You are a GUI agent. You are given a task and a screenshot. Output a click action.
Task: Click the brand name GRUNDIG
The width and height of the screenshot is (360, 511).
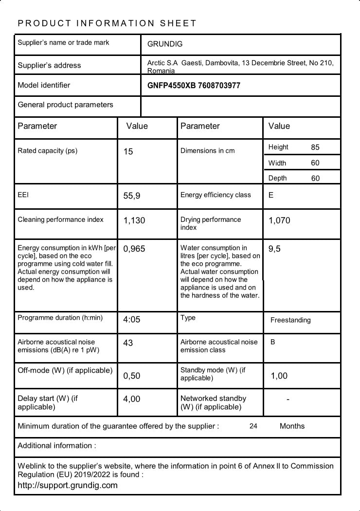coord(165,44)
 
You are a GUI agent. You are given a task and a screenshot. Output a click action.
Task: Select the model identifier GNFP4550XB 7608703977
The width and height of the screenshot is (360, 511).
coord(194,86)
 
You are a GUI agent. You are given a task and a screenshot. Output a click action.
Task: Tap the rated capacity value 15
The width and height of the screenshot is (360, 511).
coord(128,152)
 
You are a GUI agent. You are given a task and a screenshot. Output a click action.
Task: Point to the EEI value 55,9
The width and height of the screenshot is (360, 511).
coord(132,196)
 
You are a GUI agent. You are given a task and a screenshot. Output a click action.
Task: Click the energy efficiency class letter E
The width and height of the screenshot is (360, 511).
coord(271,195)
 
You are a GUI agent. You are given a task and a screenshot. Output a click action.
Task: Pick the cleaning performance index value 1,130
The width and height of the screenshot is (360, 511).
coord(134,220)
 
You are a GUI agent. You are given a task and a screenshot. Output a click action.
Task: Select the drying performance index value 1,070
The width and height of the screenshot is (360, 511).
coord(279,220)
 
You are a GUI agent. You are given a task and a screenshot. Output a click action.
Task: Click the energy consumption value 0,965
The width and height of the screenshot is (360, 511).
coord(134,249)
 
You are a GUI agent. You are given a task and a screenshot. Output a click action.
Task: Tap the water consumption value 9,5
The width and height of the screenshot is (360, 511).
coord(274,249)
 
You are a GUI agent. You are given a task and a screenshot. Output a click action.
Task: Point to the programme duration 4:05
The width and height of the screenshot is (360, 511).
coord(132,320)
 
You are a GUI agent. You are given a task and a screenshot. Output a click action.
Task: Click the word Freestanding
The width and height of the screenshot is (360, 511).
coord(290,320)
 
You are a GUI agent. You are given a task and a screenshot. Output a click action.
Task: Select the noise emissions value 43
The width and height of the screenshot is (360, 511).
coord(128,343)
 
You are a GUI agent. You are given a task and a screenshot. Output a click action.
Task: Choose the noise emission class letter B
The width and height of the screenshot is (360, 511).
coord(273,342)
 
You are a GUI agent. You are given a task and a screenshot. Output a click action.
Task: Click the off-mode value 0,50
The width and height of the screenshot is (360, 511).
coord(132,376)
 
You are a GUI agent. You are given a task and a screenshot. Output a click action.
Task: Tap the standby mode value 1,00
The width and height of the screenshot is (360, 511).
coord(279,376)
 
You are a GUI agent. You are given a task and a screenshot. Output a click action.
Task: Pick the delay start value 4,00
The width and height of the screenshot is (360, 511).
coord(132,399)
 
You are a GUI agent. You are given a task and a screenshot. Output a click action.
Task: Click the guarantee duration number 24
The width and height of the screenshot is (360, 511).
coord(253,426)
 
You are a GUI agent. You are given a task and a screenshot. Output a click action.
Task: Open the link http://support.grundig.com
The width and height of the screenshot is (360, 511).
coord(68,485)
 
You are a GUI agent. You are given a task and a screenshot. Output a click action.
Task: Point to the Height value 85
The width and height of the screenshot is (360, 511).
coord(315,147)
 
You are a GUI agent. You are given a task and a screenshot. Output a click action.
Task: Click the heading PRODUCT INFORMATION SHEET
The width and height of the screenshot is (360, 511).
coord(107,23)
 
